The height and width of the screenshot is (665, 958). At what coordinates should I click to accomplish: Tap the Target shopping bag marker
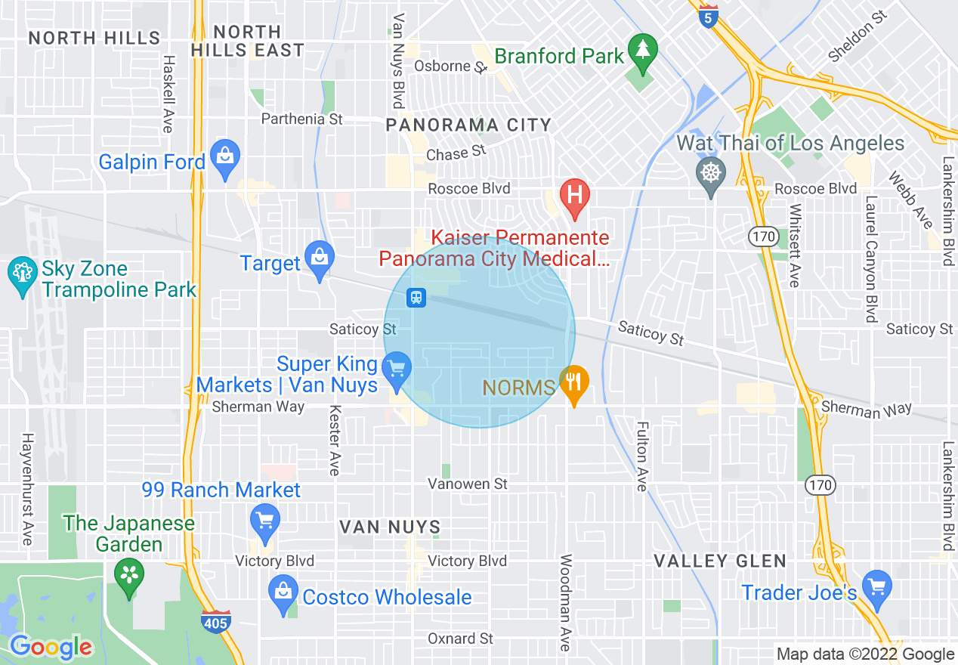pyautogui.click(x=320, y=257)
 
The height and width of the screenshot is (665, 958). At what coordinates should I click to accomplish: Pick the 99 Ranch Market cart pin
pyautogui.click(x=264, y=521)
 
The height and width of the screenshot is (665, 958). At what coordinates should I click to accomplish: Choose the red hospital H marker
pyautogui.click(x=574, y=195)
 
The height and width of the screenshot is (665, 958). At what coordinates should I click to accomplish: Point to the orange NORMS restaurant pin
pyautogui.click(x=573, y=382)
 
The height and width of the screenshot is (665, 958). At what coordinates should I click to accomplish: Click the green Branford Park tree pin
pyautogui.click(x=642, y=51)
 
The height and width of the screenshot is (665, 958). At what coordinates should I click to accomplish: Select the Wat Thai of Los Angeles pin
pyautogui.click(x=710, y=173)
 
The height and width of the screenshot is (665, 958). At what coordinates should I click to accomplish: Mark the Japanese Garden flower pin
pyautogui.click(x=128, y=576)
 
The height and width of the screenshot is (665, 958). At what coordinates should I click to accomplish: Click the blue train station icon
pyautogui.click(x=416, y=298)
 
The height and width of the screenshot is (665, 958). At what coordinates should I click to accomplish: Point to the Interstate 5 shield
pyautogui.click(x=707, y=17)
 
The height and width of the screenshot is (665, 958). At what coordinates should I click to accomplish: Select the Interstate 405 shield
pyautogui.click(x=216, y=621)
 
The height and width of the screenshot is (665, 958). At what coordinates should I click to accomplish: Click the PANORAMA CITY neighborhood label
pyautogui.click(x=468, y=125)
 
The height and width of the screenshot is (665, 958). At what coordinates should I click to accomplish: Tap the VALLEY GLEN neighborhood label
pyautogui.click(x=720, y=561)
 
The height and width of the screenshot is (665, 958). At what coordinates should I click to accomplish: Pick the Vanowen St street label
pyautogui.click(x=468, y=484)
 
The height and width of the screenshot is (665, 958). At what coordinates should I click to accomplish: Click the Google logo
pyautogui.click(x=51, y=647)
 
